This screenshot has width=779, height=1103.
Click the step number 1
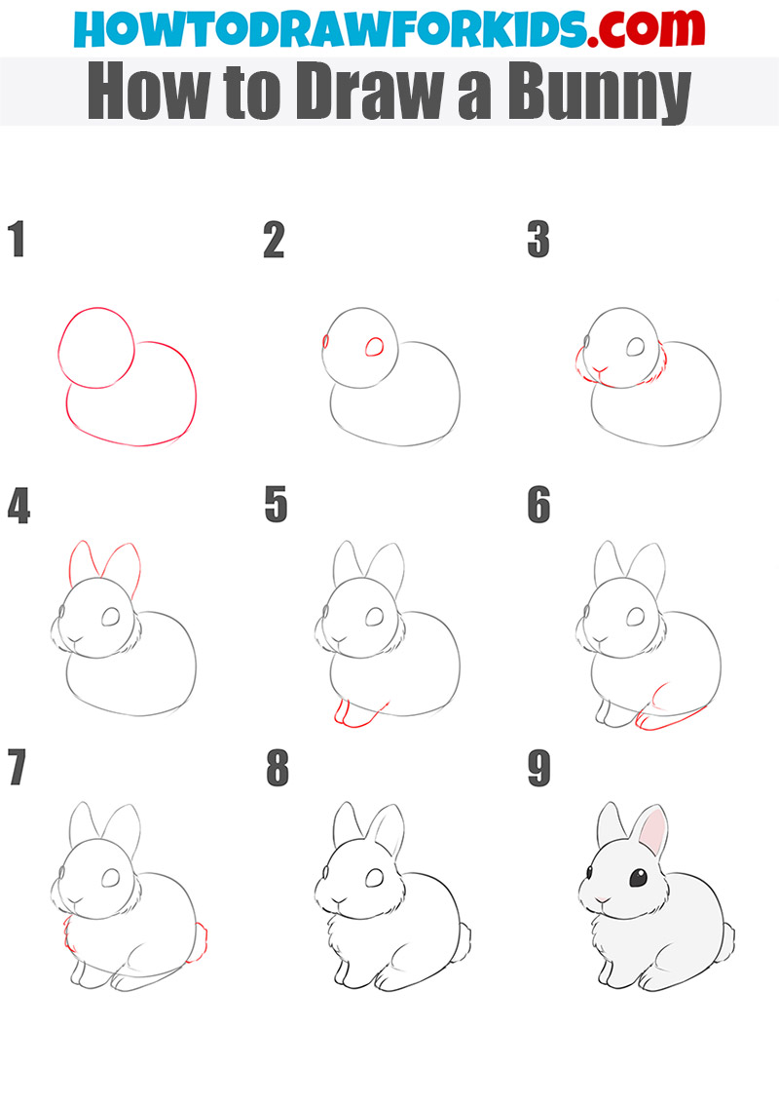(x=16, y=240)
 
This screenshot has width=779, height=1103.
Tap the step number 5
(x=276, y=506)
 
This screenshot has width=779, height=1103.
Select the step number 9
(x=538, y=770)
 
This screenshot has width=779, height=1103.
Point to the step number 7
(x=17, y=770)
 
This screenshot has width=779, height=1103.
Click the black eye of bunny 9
(x=637, y=878)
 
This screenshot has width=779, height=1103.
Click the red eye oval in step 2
(x=374, y=347)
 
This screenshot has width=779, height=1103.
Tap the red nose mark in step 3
(x=601, y=372)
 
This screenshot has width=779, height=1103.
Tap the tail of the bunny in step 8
(x=464, y=941)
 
